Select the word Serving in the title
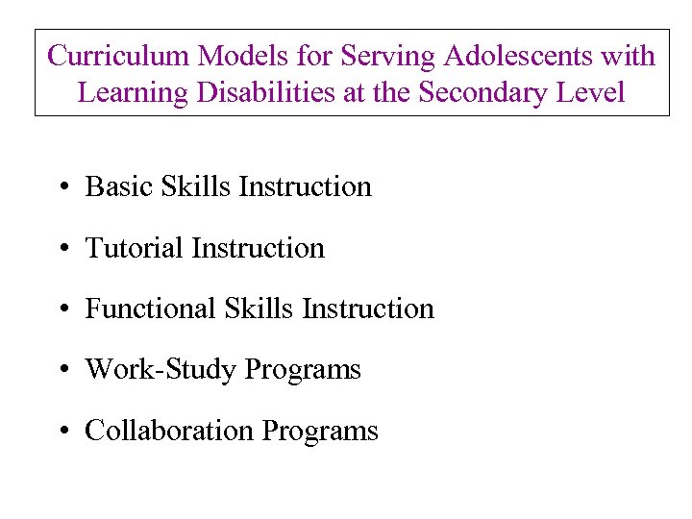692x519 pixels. (389, 57)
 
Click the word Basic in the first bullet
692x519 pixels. (113, 186)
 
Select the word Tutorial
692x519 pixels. (136, 248)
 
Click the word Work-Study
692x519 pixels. (161, 369)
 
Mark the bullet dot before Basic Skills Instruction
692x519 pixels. (61, 188)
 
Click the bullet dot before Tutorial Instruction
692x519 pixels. (61, 250)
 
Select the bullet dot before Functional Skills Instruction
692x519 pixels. (61, 310)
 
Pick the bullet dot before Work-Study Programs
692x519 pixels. (61, 371)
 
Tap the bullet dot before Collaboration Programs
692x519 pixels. (61, 432)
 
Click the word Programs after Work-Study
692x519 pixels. (303, 370)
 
